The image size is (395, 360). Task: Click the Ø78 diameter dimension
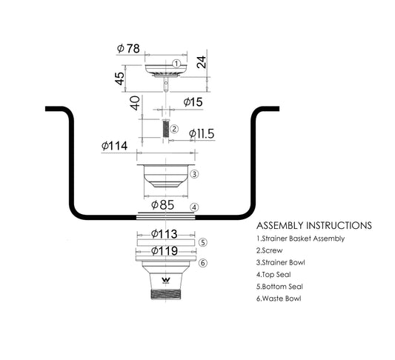128,49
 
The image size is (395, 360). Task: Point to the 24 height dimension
202,62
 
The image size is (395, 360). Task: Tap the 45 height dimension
119,79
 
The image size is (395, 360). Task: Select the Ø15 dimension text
193,102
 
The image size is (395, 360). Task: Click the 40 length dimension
135,103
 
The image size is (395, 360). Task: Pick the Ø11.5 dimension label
202,133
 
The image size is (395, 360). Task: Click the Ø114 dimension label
114,146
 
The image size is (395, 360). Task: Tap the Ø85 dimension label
162,205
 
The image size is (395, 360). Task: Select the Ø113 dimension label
165,234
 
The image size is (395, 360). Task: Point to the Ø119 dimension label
165,251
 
